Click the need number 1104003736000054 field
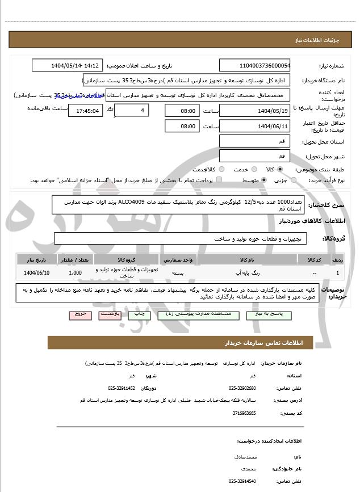[x=254, y=65]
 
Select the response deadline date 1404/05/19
[x=254, y=111]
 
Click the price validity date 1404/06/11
[x=254, y=126]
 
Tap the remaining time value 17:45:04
[x=85, y=111]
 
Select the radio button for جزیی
[x=293, y=180]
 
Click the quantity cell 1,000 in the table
[x=74, y=273]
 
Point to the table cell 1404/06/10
[x=37, y=273]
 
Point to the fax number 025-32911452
[x=122, y=388]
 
